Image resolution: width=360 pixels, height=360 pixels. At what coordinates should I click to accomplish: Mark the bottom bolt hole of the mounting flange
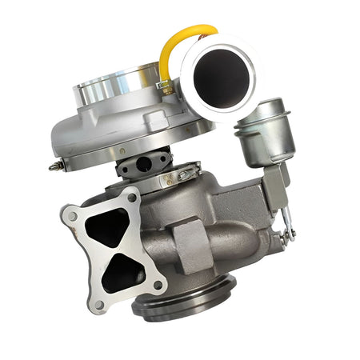click(99, 303)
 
